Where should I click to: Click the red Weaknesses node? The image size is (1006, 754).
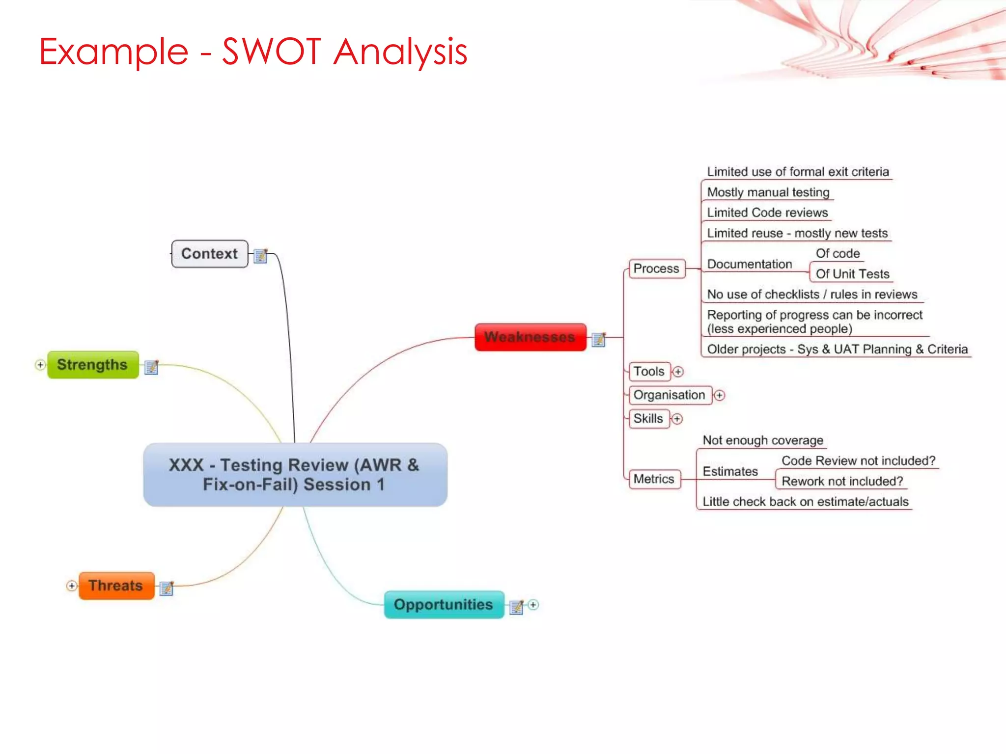[530, 337]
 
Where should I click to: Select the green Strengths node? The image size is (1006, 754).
[92, 365]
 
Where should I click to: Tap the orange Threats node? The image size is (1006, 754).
[116, 586]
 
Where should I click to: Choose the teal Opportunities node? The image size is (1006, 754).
[444, 604]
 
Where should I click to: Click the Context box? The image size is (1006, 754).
[209, 254]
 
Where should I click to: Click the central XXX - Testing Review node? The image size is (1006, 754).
[295, 475]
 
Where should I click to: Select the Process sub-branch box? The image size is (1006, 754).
[656, 269]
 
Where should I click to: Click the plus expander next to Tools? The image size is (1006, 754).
[678, 372]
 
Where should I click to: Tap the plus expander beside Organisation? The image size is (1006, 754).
[719, 395]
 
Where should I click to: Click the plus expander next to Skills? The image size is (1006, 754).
[677, 419]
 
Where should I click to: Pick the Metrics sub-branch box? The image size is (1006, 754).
[654, 479]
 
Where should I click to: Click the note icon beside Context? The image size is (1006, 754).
[260, 256]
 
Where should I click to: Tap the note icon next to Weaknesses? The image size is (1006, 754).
[599, 339]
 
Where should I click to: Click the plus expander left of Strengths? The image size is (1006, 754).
[40, 365]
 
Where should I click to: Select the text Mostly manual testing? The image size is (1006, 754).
[768, 192]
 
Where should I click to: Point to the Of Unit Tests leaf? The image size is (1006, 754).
[852, 274]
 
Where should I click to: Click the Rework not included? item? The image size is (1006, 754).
[842, 481]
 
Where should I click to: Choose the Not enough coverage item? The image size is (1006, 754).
[762, 440]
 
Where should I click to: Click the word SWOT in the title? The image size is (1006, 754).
[272, 51]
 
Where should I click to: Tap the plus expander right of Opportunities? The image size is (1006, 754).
[533, 605]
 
